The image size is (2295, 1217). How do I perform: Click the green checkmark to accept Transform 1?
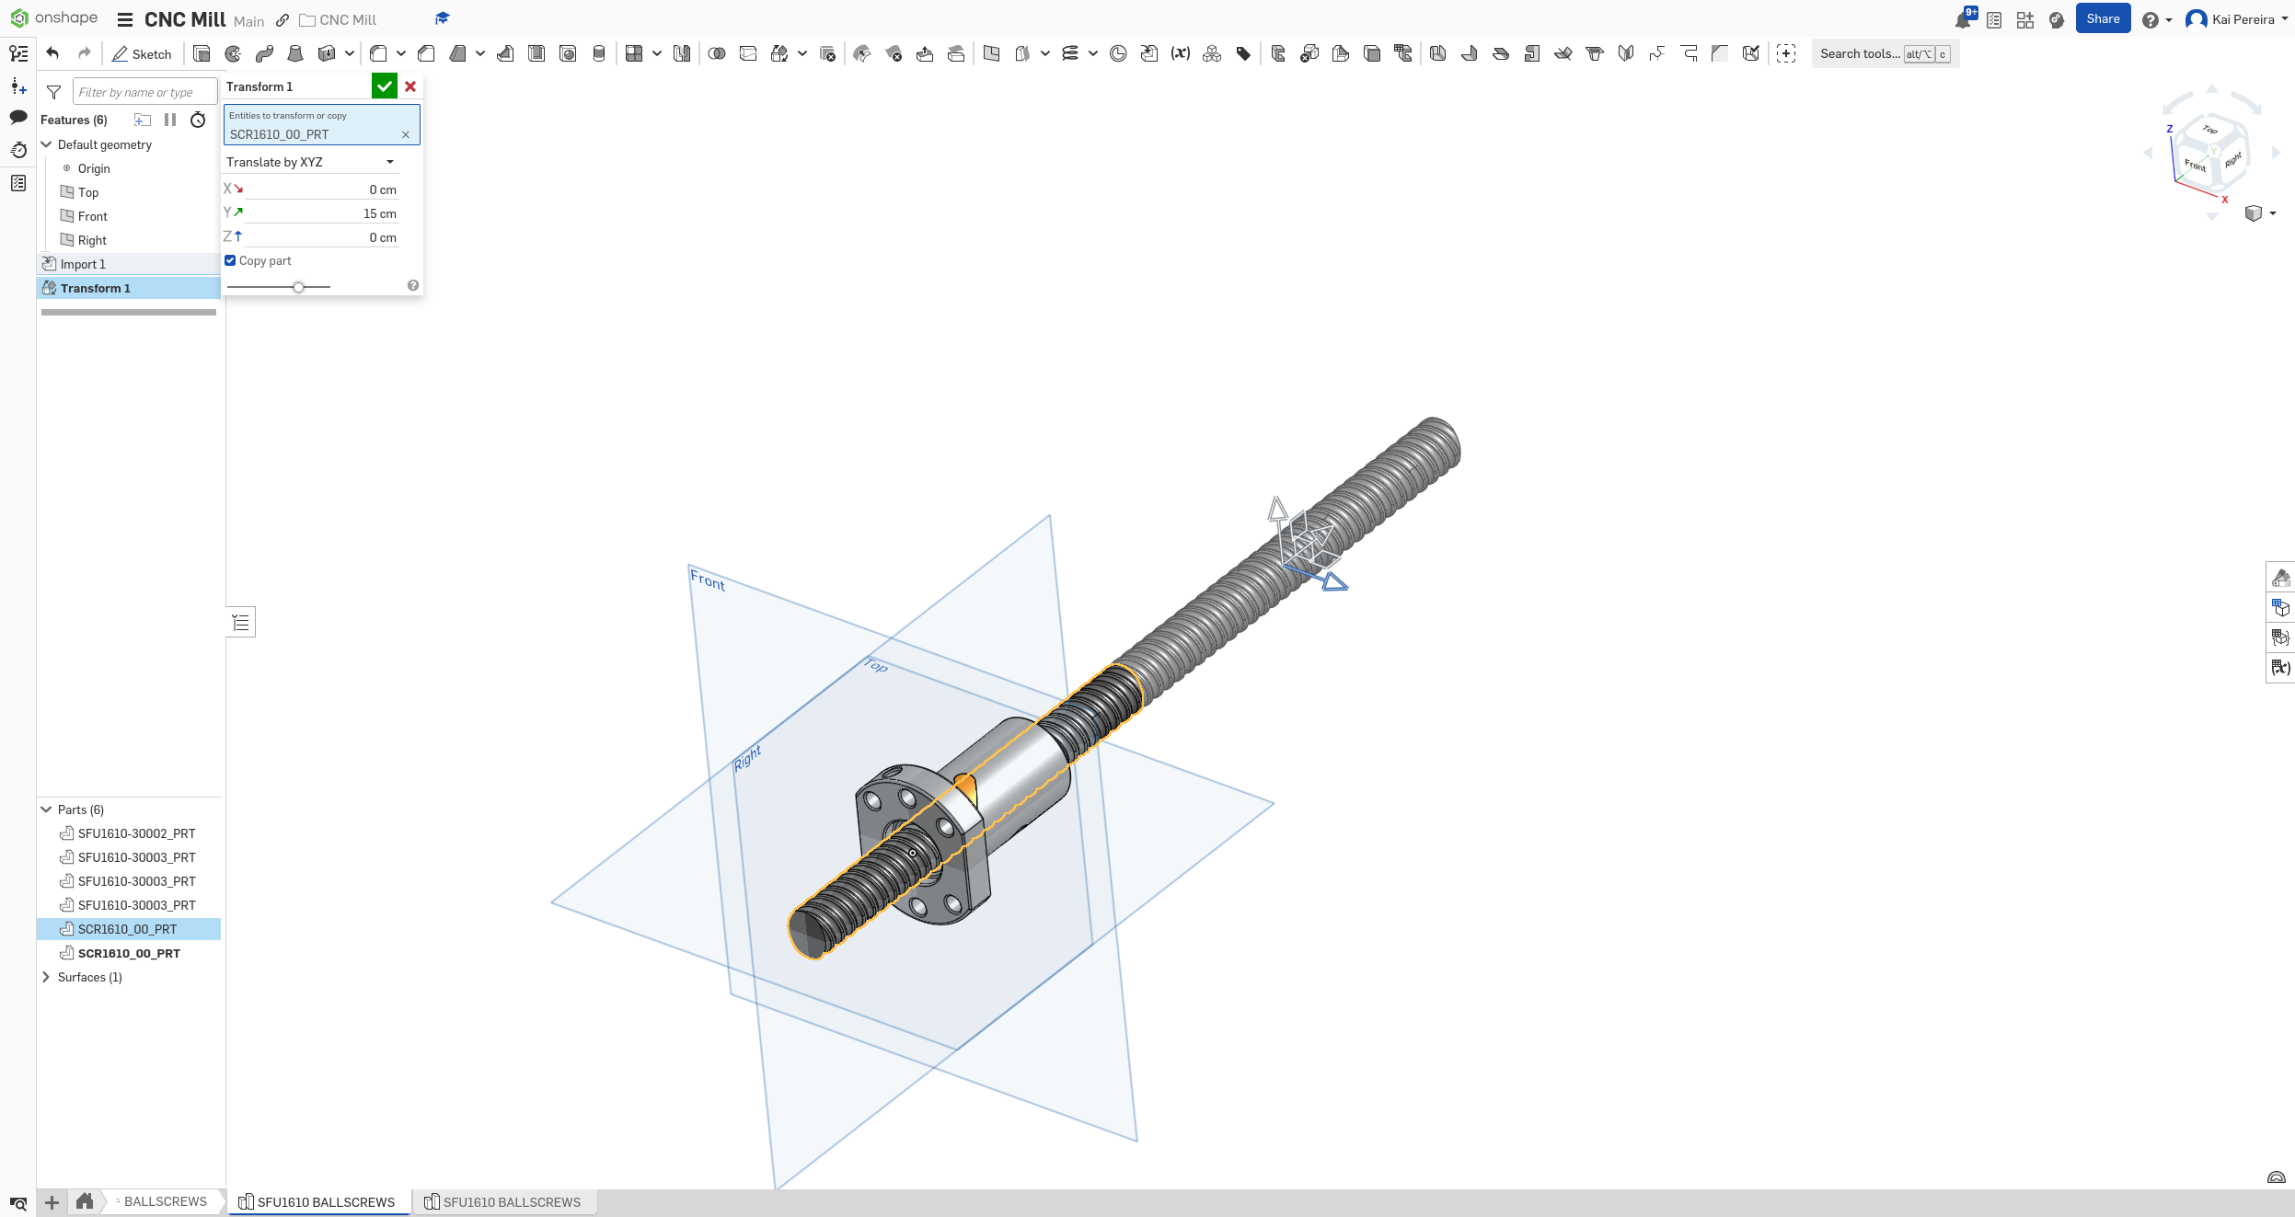pyautogui.click(x=384, y=86)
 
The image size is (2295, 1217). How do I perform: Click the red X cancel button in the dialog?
pyautogui.click(x=410, y=86)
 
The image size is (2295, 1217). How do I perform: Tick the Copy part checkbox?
pyautogui.click(x=231, y=260)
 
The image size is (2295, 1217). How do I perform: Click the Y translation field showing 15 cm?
pyautogui.click(x=322, y=213)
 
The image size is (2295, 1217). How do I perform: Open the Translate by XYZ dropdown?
pyautogui.click(x=311, y=162)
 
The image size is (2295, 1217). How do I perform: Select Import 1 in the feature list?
pyautogui.click(x=83, y=264)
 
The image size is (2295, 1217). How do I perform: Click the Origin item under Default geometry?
pyautogui.click(x=93, y=168)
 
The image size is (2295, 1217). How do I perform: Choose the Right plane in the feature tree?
pyautogui.click(x=92, y=240)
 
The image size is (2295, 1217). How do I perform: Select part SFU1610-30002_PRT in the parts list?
pyautogui.click(x=136, y=833)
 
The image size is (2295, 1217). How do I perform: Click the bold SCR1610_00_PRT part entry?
pyautogui.click(x=129, y=953)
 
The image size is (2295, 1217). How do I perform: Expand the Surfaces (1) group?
pyautogui.click(x=46, y=977)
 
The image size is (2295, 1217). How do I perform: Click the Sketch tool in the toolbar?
pyautogui.click(x=143, y=54)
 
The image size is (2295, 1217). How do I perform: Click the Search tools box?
pyautogui.click(x=1859, y=54)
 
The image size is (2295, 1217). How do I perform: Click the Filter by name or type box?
pyautogui.click(x=144, y=92)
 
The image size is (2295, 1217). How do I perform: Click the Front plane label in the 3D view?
pyautogui.click(x=708, y=580)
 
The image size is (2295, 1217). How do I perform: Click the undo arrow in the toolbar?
pyautogui.click(x=53, y=53)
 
